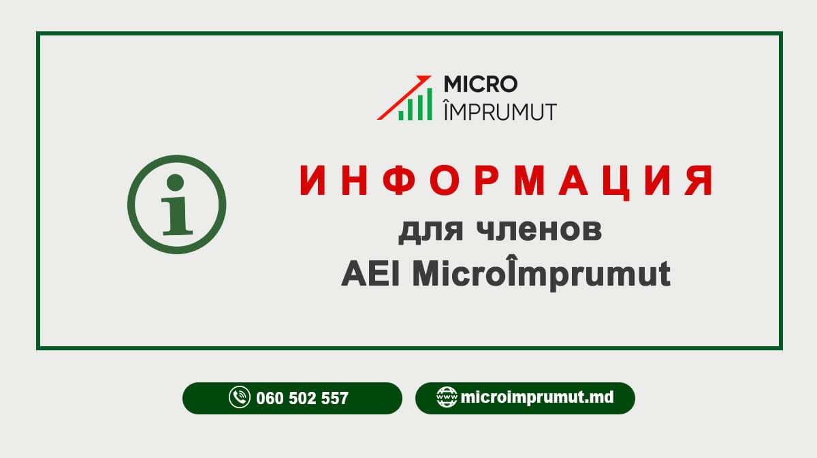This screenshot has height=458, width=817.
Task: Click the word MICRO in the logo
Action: pyautogui.click(x=481, y=84)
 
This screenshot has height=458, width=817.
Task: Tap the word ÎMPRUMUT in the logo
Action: pyautogui.click(x=500, y=110)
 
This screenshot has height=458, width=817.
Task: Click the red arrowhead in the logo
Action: pyautogui.click(x=424, y=79)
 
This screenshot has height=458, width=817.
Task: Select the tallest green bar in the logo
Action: pyautogui.click(x=430, y=104)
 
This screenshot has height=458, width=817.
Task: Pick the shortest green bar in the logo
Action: pyautogui.click(x=401, y=115)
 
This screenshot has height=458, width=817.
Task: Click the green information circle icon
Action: pyautogui.click(x=176, y=204)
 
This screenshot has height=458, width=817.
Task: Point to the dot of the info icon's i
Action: pyautogui.click(x=175, y=182)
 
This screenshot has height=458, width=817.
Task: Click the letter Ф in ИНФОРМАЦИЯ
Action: pyautogui.click(x=399, y=180)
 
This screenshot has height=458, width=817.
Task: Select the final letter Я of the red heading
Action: pyautogui.click(x=698, y=180)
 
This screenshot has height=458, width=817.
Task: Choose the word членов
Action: pyautogui.click(x=539, y=231)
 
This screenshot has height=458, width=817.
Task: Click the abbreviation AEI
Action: pyautogui.click(x=370, y=274)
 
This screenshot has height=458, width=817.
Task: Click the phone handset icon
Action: pyautogui.click(x=240, y=397)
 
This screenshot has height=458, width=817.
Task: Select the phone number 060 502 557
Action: pyautogui.click(x=302, y=398)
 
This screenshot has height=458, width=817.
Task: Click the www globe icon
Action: pyautogui.click(x=447, y=397)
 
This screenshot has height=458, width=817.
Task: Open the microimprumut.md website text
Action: pyautogui.click(x=537, y=397)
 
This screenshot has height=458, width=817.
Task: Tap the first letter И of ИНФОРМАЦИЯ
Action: pyautogui.click(x=313, y=180)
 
